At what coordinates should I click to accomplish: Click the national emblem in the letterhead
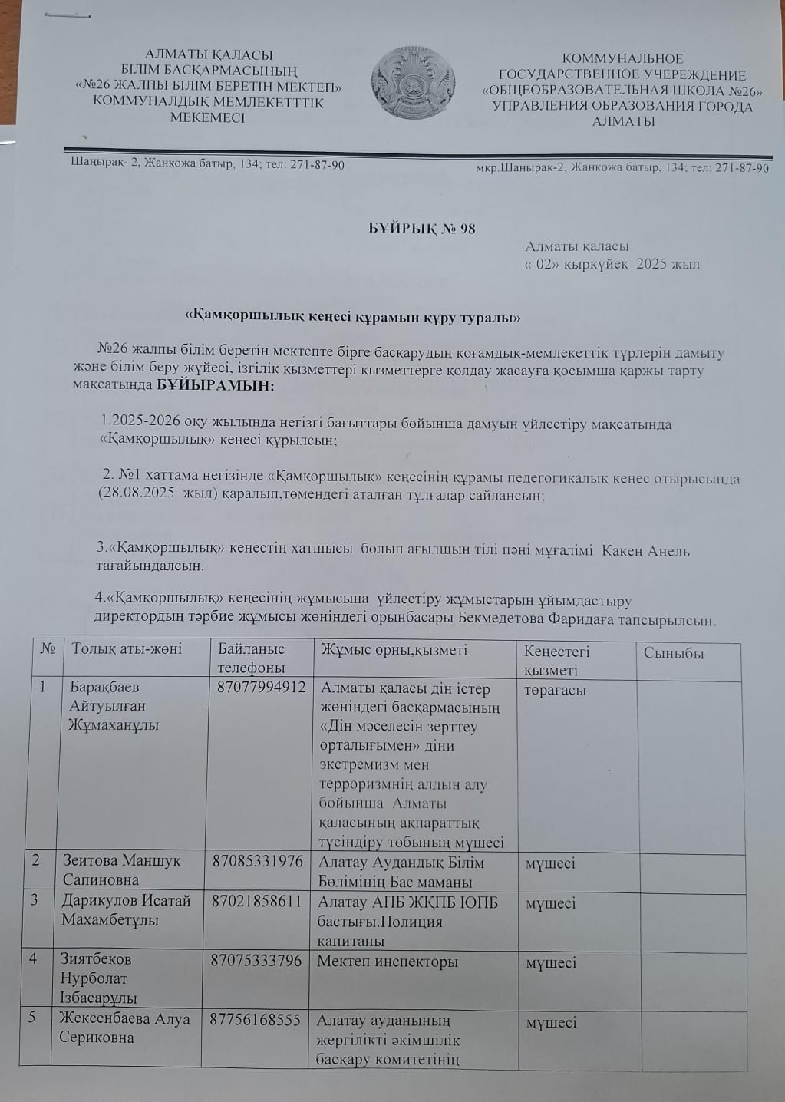(x=413, y=82)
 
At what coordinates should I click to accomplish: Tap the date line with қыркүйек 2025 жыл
(x=612, y=265)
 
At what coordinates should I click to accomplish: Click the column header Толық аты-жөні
(x=127, y=649)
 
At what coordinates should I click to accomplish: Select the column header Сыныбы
(x=674, y=654)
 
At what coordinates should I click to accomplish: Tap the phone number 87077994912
(x=262, y=688)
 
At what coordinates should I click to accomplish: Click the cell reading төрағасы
(x=556, y=690)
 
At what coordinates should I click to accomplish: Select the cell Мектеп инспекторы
(x=388, y=962)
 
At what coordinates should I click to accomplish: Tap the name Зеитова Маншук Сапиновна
(x=122, y=870)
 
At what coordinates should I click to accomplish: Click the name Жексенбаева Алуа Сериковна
(x=125, y=1029)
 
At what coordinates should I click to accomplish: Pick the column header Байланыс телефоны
(x=252, y=658)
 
